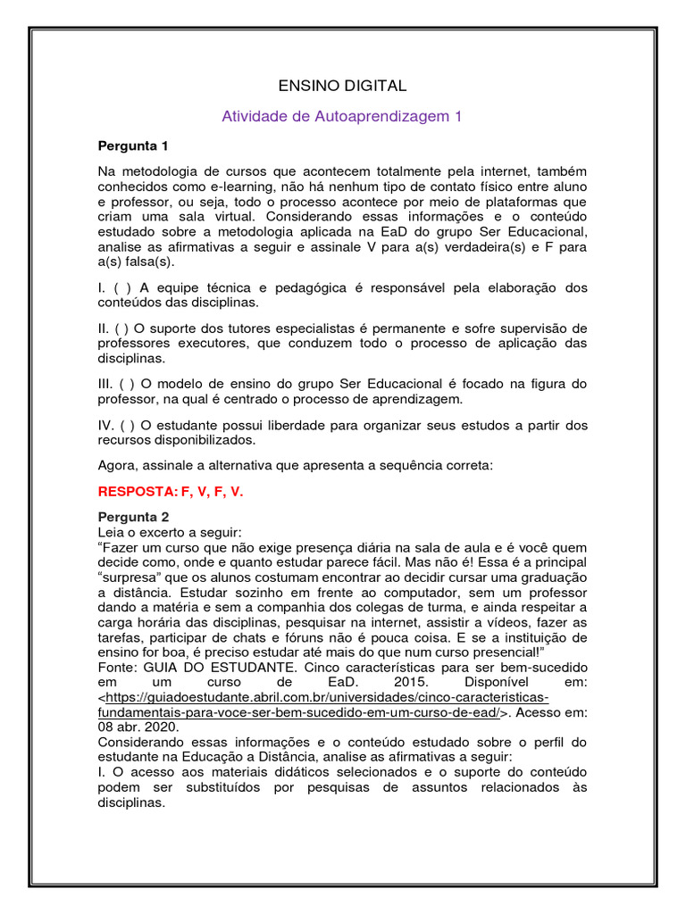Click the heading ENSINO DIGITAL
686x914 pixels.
click(342, 86)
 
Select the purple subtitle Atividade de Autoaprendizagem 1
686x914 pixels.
click(342, 116)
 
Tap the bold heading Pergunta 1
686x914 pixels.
click(132, 145)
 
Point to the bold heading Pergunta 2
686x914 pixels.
click(132, 516)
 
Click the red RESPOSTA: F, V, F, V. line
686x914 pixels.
click(170, 491)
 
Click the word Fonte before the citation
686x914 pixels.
click(117, 668)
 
